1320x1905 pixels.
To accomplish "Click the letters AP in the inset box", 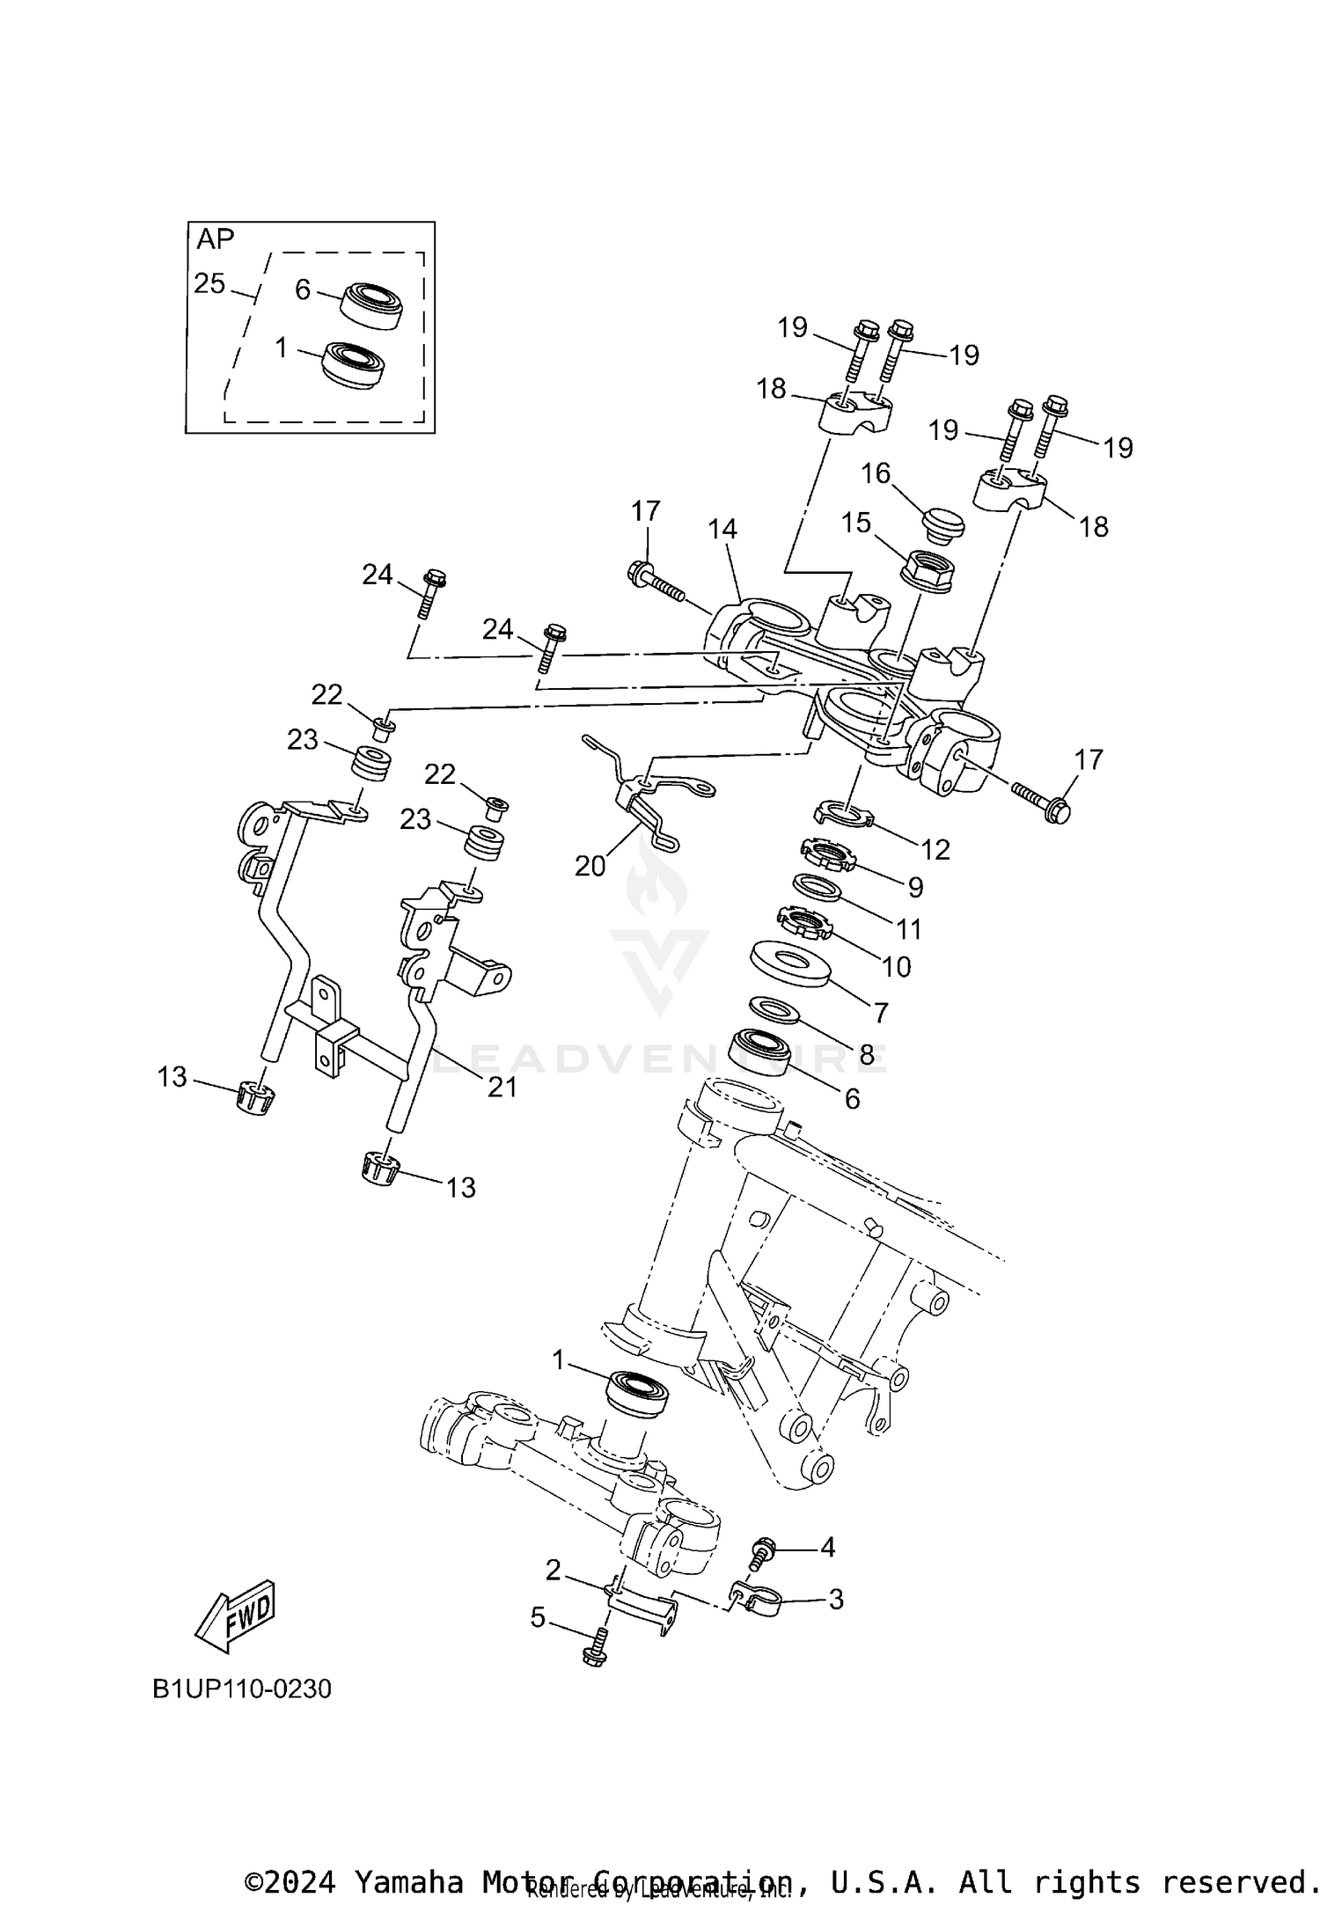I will (216, 239).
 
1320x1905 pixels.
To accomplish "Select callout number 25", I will (209, 284).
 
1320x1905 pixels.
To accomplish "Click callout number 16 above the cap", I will (876, 473).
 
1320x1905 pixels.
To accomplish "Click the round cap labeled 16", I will (943, 525).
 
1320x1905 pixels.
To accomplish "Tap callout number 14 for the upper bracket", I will (722, 529).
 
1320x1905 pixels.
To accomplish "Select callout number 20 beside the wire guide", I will (590, 867).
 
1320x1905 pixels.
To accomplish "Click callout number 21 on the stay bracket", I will (502, 1088).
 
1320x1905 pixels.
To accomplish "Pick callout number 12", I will (936, 849).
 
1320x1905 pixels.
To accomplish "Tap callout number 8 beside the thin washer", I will (867, 1055).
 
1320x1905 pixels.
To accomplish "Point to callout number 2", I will (553, 1570).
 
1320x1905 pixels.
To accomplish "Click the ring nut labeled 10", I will (803, 924).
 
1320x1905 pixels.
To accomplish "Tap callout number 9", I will (915, 887).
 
